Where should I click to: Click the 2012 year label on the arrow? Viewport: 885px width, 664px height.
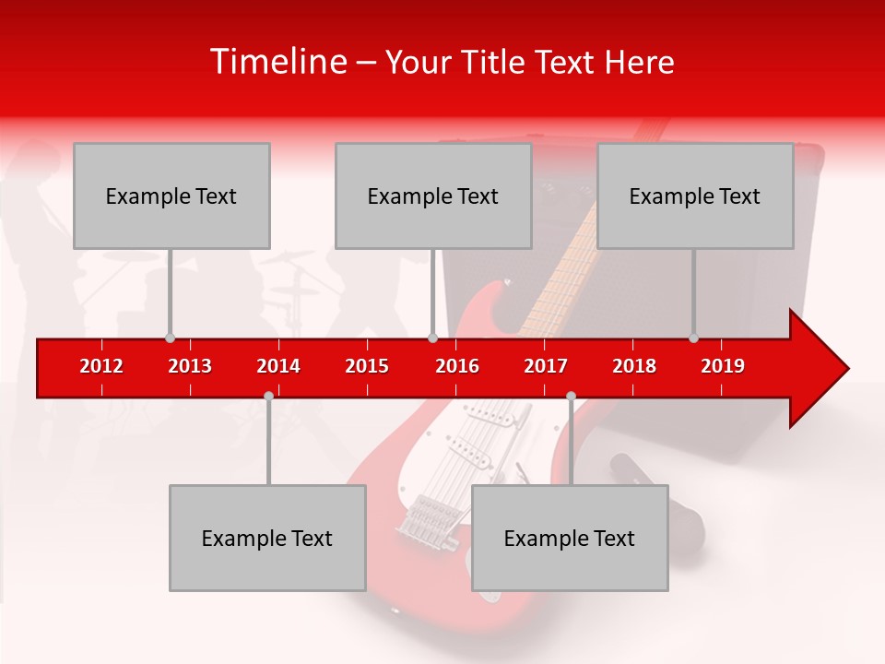click(x=101, y=366)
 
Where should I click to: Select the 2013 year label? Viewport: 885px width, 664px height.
click(x=190, y=366)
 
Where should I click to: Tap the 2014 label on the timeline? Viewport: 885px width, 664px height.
click(x=278, y=366)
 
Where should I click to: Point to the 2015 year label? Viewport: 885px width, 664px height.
click(x=367, y=366)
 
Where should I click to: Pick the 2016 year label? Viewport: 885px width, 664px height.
click(x=457, y=366)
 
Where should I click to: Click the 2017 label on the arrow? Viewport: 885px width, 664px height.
click(x=546, y=366)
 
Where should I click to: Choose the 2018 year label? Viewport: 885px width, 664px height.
click(x=634, y=366)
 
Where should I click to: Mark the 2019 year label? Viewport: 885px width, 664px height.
click(x=723, y=366)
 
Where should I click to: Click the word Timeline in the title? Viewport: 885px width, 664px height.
click(x=277, y=62)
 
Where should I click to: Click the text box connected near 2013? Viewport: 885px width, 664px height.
click(x=171, y=196)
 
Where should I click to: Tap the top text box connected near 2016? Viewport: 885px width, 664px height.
click(x=433, y=196)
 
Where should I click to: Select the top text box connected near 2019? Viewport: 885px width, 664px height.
click(x=695, y=196)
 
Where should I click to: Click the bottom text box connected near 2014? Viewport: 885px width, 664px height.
click(x=267, y=539)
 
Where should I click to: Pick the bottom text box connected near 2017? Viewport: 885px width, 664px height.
click(x=570, y=539)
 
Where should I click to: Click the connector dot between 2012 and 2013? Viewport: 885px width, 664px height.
click(x=170, y=338)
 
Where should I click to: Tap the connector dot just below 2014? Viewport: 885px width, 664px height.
click(x=268, y=396)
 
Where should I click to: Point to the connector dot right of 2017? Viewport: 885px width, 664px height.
click(x=571, y=396)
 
